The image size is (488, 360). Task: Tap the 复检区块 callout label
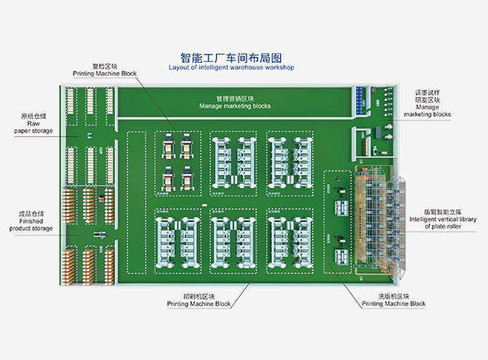point(104,66)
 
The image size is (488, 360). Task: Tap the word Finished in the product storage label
point(31,221)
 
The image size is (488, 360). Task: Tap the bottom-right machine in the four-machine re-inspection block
point(187,177)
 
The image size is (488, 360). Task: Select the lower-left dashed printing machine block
point(177,240)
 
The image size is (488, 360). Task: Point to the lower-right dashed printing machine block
point(290,240)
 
